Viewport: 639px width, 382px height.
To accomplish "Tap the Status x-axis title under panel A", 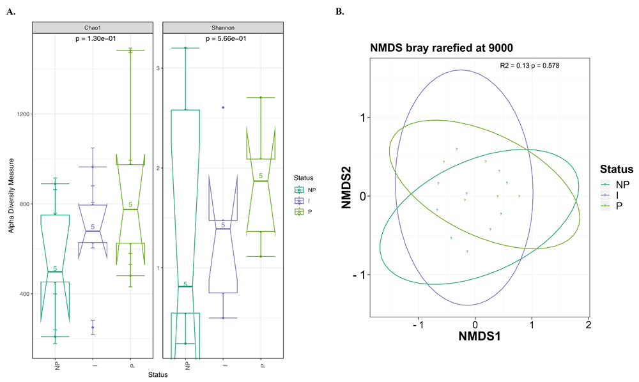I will pyautogui.click(x=157, y=375).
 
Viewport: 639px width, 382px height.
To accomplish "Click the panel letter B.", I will pyautogui.click(x=340, y=11).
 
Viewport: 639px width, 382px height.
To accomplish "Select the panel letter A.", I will pyautogui.click(x=10, y=11).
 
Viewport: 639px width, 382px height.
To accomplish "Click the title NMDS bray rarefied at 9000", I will pyautogui.click(x=439, y=48).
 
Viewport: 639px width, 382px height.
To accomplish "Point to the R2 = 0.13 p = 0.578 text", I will pyautogui.click(x=530, y=66).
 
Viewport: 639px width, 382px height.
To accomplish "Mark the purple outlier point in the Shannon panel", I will pyautogui.click(x=223, y=107).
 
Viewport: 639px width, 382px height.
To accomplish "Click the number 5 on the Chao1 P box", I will pyautogui.click(x=131, y=205).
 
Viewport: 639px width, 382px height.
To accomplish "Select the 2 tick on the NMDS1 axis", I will pyautogui.click(x=587, y=325).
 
